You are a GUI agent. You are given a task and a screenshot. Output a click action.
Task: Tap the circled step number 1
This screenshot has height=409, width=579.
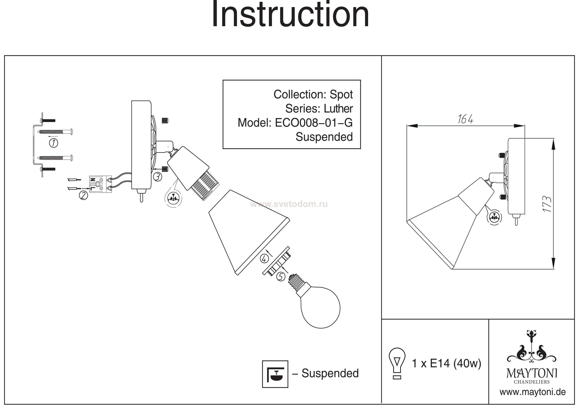tap(53, 143)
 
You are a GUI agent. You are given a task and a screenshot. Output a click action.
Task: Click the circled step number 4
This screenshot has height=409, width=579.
tap(264, 259)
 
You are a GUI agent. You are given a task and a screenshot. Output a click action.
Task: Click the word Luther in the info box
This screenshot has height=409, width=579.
tap(338, 109)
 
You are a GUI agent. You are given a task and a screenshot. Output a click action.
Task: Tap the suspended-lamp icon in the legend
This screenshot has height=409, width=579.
tap(275, 374)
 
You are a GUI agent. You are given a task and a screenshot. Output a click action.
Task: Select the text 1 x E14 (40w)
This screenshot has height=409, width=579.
tap(446, 363)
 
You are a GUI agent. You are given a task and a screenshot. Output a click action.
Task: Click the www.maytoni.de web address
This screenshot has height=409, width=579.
tap(533, 392)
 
